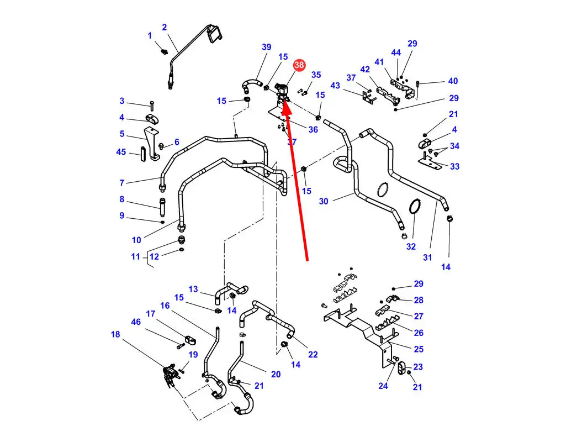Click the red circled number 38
(299, 65)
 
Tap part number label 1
(150, 35)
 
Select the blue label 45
(121, 152)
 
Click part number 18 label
(115, 334)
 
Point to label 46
(136, 322)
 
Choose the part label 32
(411, 246)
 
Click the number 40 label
(453, 81)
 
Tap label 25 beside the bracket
(419, 349)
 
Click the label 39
(267, 47)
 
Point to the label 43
(335, 86)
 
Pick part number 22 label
(313, 354)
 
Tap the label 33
(455, 166)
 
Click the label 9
(122, 215)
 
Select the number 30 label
(324, 201)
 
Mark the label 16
(165, 306)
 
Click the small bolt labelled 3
(152, 106)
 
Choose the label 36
(313, 129)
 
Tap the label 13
(193, 289)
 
